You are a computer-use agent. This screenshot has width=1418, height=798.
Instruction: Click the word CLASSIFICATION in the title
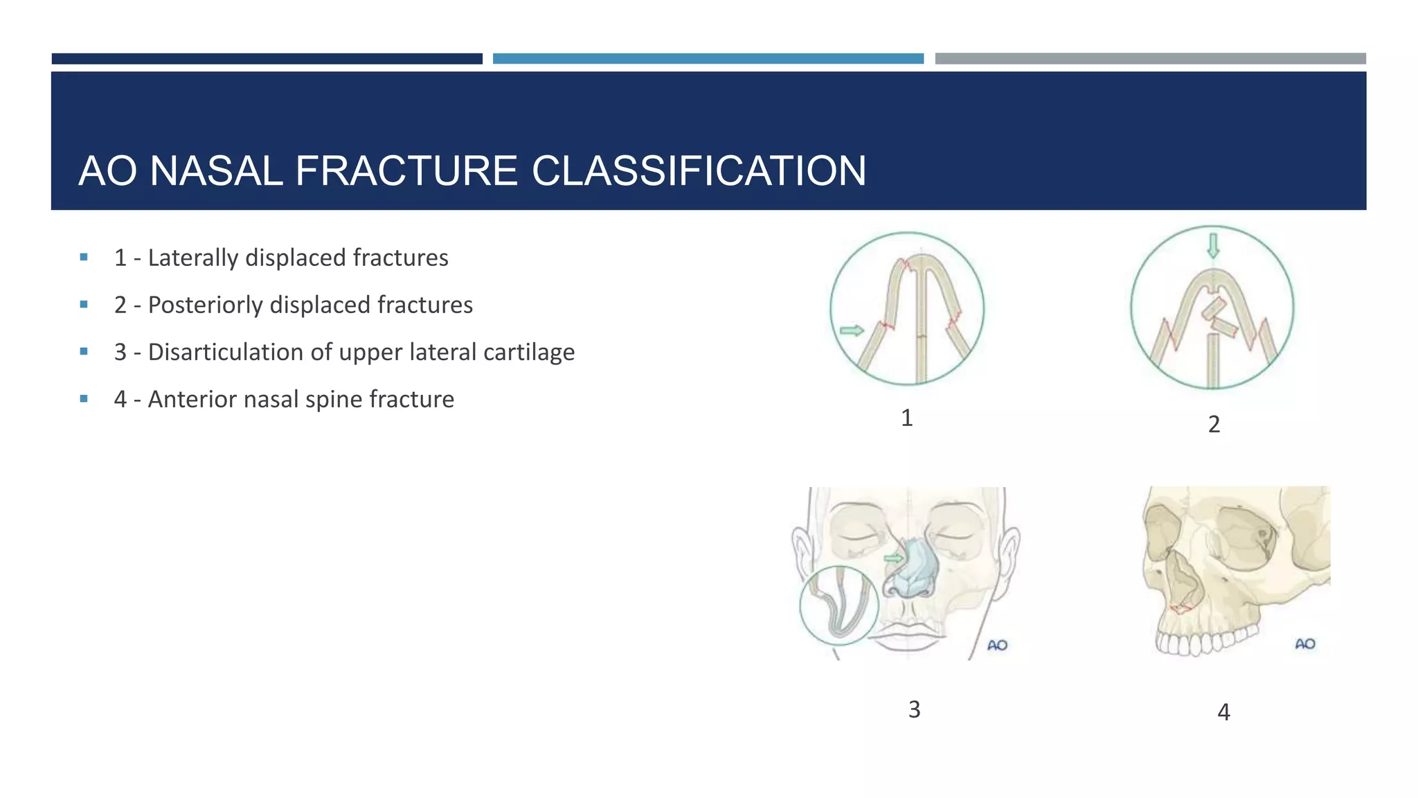pos(699,170)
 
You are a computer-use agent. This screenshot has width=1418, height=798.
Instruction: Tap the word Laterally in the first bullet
pos(193,258)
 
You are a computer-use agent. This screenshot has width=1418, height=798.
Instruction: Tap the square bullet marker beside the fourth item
pos(84,398)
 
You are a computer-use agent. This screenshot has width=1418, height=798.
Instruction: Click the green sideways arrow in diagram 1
pos(852,330)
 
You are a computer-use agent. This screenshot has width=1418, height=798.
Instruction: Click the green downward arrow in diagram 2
pos(1212,245)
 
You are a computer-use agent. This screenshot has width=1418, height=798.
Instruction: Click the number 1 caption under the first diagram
pos(906,418)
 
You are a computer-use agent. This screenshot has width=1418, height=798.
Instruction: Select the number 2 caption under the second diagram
pos(1214,424)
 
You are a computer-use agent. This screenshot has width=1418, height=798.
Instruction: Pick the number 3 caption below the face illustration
pos(914,709)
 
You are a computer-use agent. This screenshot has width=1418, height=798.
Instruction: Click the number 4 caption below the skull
pos(1223,712)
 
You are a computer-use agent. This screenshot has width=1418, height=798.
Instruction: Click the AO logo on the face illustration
pos(997,645)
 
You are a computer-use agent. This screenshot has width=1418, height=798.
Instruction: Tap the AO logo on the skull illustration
pos(1305,644)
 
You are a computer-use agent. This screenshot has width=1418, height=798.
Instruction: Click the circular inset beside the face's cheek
pos(838,605)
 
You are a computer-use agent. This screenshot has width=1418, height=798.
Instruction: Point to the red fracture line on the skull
pos(1181,609)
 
